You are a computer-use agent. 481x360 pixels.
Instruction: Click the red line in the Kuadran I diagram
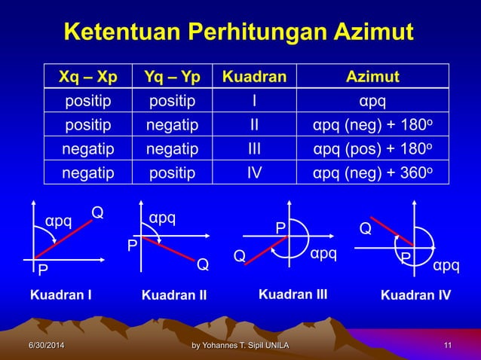64,240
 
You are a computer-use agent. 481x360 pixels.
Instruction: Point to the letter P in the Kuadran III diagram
280,227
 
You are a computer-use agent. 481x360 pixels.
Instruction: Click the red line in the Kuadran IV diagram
393,233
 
